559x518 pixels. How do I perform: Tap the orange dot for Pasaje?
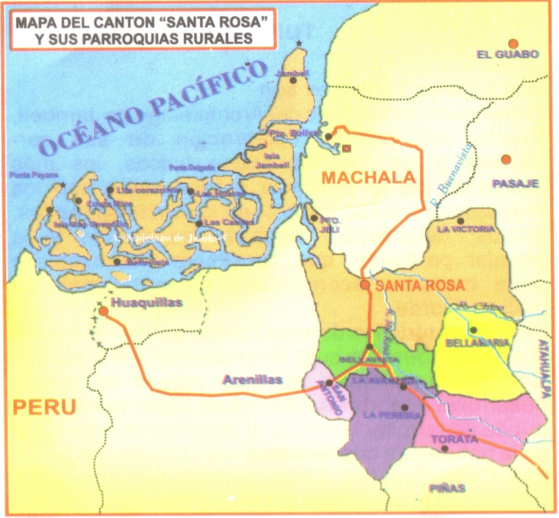point(506,160)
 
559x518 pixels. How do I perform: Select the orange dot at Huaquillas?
point(104,311)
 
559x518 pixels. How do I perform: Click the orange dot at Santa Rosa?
point(365,285)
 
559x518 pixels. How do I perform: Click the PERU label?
point(45,407)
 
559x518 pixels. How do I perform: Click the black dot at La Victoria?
point(460,220)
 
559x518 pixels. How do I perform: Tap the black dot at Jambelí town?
point(292,80)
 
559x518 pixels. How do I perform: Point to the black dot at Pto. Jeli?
point(314,218)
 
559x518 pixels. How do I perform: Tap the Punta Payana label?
point(34,175)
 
